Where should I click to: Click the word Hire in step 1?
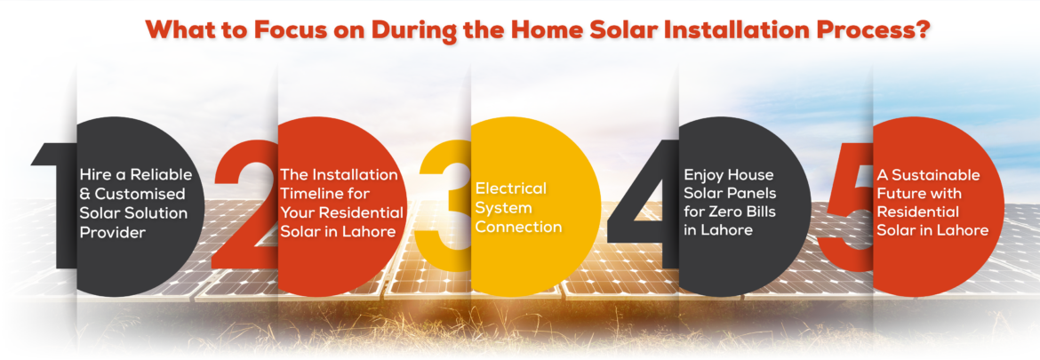tap(95, 175)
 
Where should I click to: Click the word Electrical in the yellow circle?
tap(510, 188)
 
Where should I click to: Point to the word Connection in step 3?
tap(518, 227)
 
